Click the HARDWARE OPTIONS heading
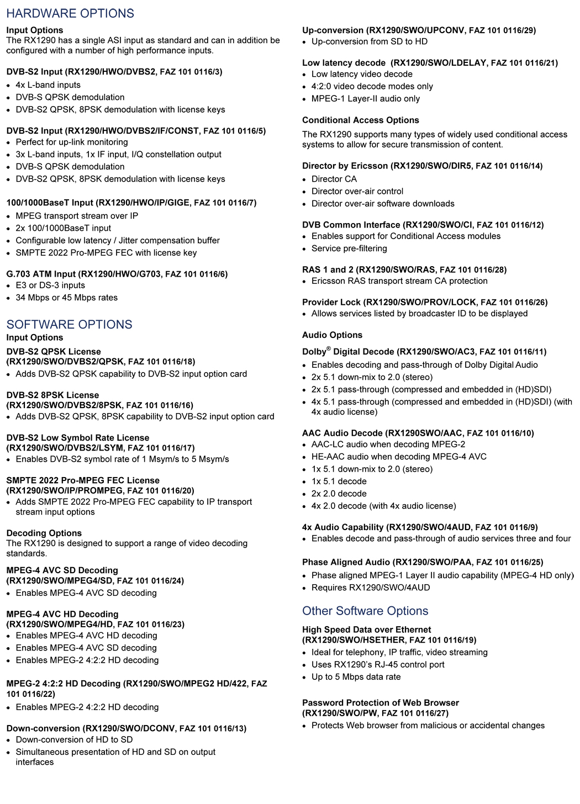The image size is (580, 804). pos(70,13)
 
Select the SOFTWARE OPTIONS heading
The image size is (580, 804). pos(70,324)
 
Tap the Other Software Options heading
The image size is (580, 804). pos(365,611)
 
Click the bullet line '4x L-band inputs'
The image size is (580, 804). pos(48,85)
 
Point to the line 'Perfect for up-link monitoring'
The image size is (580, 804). pos(72,142)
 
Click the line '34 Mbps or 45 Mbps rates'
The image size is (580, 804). pos(67,298)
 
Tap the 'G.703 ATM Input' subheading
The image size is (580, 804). pos(40,274)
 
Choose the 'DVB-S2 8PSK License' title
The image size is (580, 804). pos(52,395)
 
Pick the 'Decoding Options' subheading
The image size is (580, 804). pos(44,533)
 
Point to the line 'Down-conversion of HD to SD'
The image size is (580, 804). pos(74,739)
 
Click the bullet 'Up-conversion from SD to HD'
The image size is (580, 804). pos(370,41)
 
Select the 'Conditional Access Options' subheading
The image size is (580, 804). pos(361,120)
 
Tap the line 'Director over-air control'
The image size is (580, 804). pos(357,191)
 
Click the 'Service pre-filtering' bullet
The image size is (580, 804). pos(349,248)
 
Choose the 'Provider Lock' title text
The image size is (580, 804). pos(331,302)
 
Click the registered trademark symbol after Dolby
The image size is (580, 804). pos(329,348)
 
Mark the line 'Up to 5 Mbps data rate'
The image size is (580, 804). pos(356,677)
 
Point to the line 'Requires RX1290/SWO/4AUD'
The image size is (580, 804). pos(371,588)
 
